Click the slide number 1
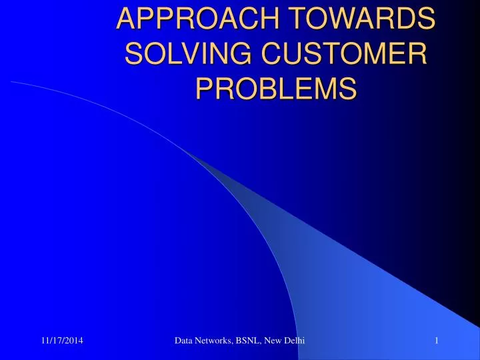pos(435,341)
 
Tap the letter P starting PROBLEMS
pos(204,87)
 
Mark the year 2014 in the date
pos(80,341)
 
